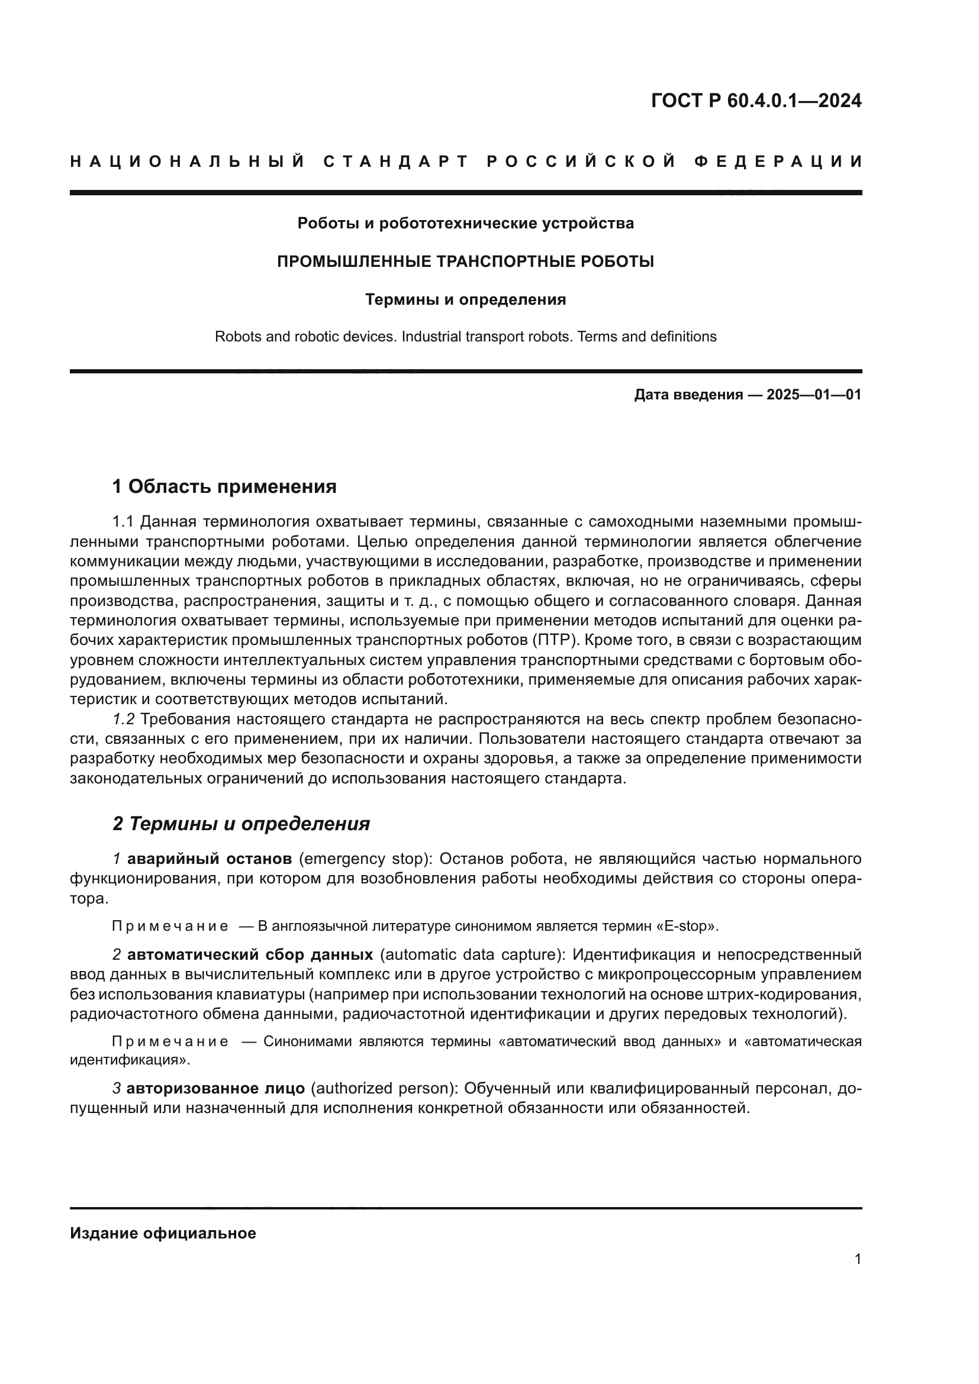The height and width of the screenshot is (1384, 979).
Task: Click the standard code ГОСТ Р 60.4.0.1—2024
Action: point(756,101)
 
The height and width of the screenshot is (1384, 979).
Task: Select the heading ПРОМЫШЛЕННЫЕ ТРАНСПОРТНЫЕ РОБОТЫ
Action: point(465,262)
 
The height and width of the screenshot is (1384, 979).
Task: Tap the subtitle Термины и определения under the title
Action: point(465,299)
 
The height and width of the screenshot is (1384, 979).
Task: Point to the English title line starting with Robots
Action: point(465,336)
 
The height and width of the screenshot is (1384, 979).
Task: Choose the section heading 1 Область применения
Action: point(224,486)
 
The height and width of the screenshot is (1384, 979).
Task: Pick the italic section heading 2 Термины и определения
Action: point(241,824)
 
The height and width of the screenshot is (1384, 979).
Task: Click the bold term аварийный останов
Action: point(209,859)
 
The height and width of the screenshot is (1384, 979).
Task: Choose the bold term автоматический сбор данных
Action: point(250,955)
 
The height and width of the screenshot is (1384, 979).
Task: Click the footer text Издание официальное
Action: point(163,1233)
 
